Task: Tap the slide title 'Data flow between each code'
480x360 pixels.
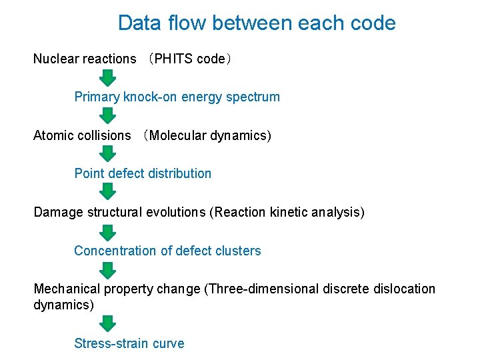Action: coord(257,23)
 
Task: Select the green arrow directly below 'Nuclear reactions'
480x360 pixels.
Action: coord(108,78)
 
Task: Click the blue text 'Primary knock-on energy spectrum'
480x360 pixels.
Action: coord(177,97)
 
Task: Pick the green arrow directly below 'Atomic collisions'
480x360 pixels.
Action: coord(108,155)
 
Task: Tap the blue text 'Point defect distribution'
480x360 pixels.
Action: coord(143,173)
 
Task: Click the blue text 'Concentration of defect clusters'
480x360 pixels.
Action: coord(167,251)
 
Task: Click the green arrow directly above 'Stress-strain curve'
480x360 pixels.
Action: coord(108,323)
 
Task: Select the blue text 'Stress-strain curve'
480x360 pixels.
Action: coord(129,343)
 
